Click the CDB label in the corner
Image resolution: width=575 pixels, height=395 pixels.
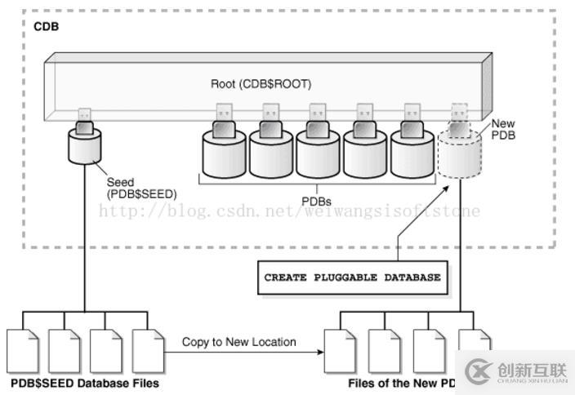coord(46,26)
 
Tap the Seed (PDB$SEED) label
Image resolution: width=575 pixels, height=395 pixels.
coord(140,189)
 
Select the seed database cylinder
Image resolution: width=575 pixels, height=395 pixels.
coord(86,149)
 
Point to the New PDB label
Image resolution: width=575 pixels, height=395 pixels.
coord(504,129)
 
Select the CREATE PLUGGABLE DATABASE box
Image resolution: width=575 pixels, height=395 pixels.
coord(352,277)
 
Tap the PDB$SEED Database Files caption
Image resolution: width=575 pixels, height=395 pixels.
coord(84,382)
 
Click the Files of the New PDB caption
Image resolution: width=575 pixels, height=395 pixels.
coord(400,383)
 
